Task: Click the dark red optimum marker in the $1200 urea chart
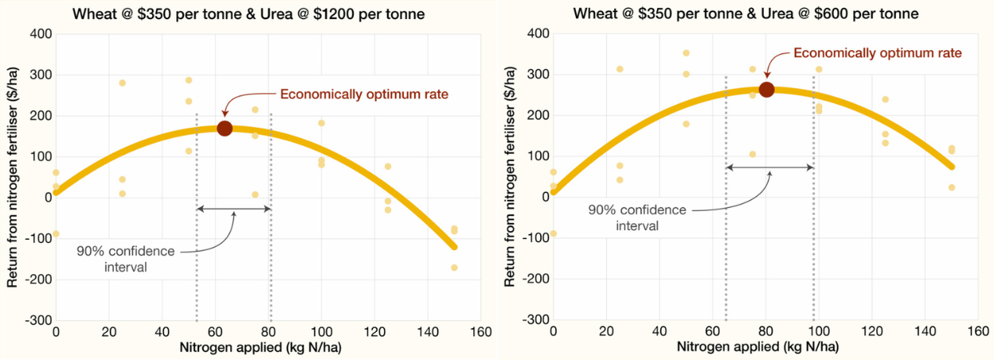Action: pyautogui.click(x=225, y=128)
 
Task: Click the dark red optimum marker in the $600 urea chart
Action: pyautogui.click(x=766, y=89)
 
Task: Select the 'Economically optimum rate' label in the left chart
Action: pyautogui.click(x=364, y=94)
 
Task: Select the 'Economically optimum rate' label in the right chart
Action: pyautogui.click(x=878, y=53)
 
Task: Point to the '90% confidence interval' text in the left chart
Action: pyautogui.click(x=125, y=259)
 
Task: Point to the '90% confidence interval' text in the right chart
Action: pyautogui.click(x=636, y=217)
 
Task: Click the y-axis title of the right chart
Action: pyautogui.click(x=510, y=177)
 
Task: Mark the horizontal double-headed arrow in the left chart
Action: pyautogui.click(x=234, y=209)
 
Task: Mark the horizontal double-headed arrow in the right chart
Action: pyautogui.click(x=770, y=167)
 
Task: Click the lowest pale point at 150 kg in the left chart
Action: pyautogui.click(x=454, y=268)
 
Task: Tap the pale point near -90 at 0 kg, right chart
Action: pyautogui.click(x=554, y=234)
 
